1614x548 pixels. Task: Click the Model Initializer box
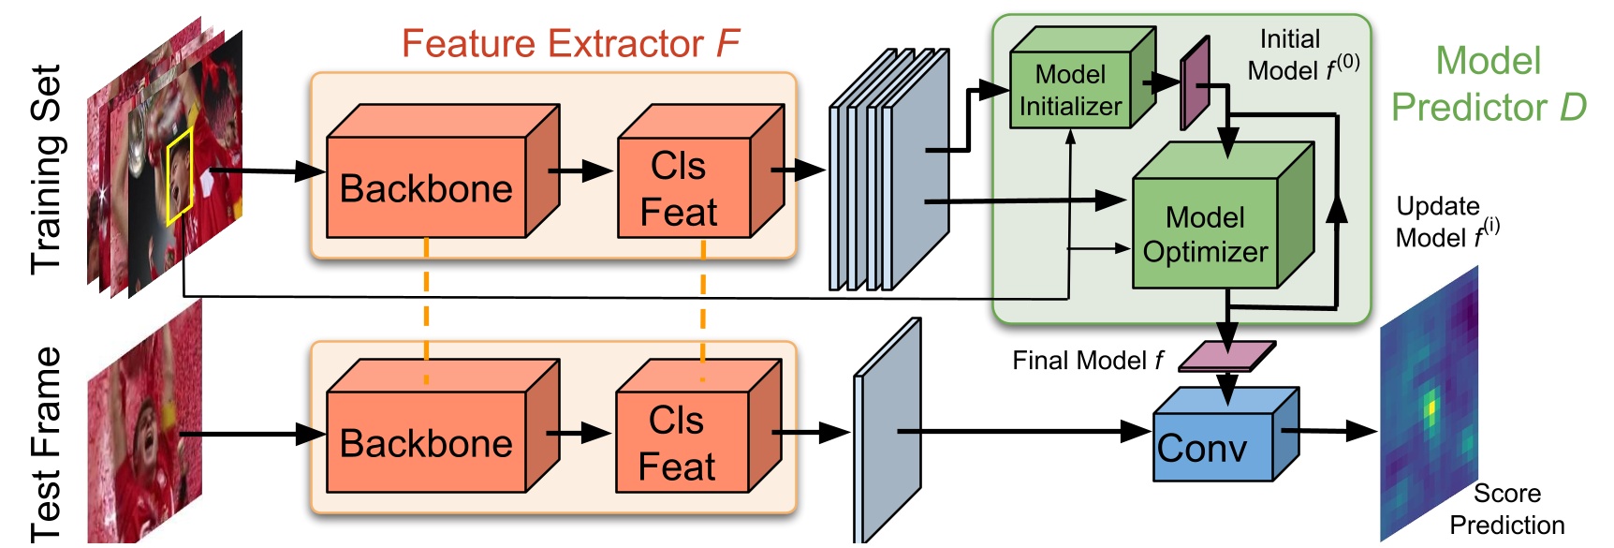[1071, 90]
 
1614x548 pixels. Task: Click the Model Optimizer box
[1205, 234]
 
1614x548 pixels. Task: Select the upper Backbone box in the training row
[426, 187]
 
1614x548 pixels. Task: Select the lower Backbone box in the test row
[426, 442]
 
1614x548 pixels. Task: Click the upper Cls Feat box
[683, 188]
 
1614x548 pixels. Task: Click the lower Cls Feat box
[682, 443]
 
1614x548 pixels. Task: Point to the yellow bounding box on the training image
[180, 176]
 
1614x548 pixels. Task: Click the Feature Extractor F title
[570, 43]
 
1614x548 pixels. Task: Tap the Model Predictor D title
[1489, 84]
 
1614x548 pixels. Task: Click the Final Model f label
[1087, 361]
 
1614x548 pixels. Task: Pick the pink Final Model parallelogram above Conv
[1226, 356]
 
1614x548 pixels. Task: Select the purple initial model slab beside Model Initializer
[1195, 84]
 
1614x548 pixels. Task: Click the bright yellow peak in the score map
[1430, 408]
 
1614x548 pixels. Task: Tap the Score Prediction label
[1506, 509]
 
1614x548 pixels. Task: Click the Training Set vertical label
[47, 169]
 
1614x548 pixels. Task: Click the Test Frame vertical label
[47, 444]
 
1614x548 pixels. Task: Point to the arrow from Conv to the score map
[1329, 431]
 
